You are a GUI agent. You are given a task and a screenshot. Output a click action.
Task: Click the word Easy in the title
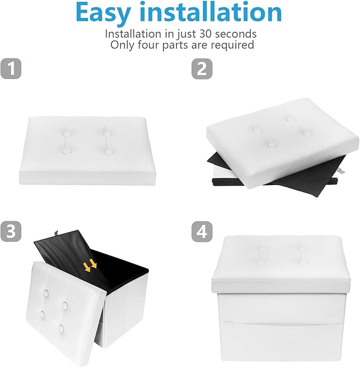(x=102, y=13)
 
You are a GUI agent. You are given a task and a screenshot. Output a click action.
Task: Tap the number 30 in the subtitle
(x=206, y=34)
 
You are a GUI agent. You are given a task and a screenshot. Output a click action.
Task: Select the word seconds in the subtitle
(x=236, y=34)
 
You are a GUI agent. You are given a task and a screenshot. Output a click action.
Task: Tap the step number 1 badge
(x=11, y=68)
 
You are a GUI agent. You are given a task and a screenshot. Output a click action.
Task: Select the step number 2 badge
(x=202, y=68)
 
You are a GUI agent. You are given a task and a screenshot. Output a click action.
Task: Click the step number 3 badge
(x=11, y=231)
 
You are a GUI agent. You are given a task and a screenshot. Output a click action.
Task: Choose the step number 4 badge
(x=202, y=231)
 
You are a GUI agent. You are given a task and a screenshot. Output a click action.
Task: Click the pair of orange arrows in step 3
(x=90, y=265)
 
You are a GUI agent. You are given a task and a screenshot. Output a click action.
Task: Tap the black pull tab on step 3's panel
(x=56, y=233)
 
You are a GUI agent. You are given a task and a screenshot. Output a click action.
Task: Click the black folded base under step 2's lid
(x=275, y=174)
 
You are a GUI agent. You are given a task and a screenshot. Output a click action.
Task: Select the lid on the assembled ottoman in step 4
(x=281, y=264)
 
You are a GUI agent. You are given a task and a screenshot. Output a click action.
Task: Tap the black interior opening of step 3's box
(x=122, y=270)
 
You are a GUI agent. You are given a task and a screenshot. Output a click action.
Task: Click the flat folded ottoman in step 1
(x=87, y=150)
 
